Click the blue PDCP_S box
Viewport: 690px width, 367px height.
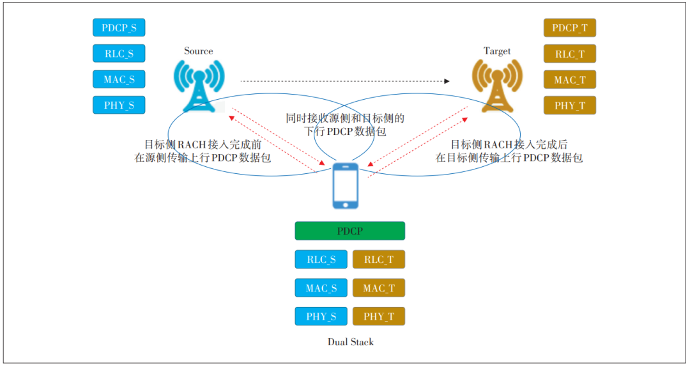[x=119, y=27]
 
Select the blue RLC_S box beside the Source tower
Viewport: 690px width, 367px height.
[x=119, y=53]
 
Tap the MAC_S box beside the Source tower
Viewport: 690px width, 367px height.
[x=119, y=79]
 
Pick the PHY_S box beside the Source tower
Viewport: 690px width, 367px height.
[x=119, y=105]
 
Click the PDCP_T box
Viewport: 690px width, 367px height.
[x=569, y=28]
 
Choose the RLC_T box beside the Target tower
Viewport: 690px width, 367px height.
[x=569, y=54]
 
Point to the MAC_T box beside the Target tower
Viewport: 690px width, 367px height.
[x=569, y=79]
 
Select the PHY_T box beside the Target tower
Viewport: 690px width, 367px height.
[x=569, y=105]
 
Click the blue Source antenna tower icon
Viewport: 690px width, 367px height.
[x=199, y=85]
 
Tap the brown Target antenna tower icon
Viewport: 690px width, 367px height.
[x=496, y=85]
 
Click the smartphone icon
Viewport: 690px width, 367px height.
[x=346, y=185]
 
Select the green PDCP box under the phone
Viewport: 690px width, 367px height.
[x=349, y=231]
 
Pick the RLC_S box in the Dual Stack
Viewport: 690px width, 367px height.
[x=321, y=259]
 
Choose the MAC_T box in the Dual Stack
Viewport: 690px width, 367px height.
[x=378, y=288]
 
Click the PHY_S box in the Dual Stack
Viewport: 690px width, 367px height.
[x=321, y=316]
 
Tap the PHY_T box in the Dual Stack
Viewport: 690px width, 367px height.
[x=378, y=316]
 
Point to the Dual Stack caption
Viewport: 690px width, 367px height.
[x=350, y=342]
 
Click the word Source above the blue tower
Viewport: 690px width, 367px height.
[x=198, y=51]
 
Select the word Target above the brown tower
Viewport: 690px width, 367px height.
[x=496, y=51]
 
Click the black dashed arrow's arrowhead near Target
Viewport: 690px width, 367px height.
[x=447, y=81]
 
